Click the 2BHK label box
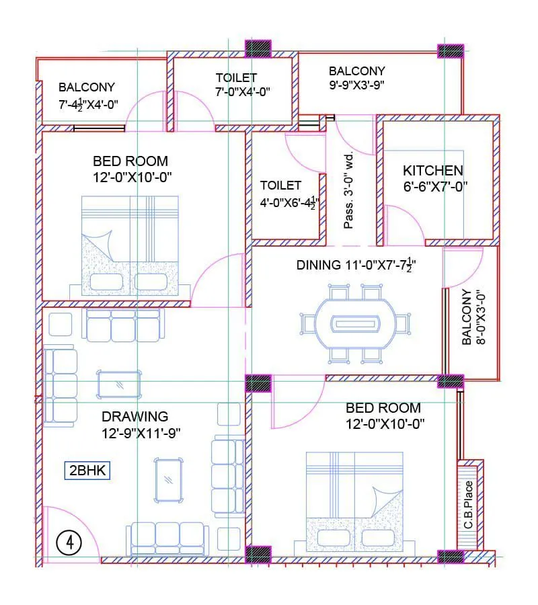click(88, 471)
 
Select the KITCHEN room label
click(432, 171)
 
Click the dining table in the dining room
click(355, 323)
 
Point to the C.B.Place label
click(469, 505)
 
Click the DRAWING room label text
click(134, 417)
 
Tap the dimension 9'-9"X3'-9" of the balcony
click(356, 85)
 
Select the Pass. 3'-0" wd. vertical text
click(348, 190)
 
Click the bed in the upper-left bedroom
click(130, 245)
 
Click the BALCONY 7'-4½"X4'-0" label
click(87, 95)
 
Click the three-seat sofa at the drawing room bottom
click(167, 536)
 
